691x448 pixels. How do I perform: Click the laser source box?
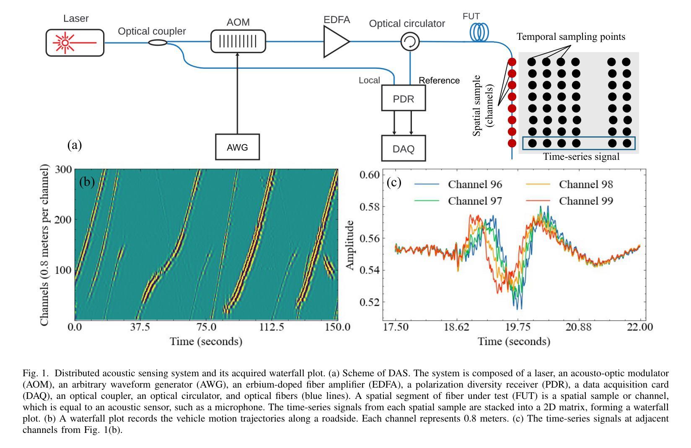click(x=75, y=42)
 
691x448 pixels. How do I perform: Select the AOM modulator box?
click(x=238, y=41)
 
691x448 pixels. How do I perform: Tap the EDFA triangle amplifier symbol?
click(x=335, y=42)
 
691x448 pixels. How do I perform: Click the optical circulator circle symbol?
click(x=410, y=42)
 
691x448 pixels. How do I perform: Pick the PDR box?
click(x=403, y=99)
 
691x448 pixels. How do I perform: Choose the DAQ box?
click(x=403, y=148)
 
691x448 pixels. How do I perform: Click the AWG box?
click(x=237, y=147)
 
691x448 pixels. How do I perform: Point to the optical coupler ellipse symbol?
click(x=158, y=42)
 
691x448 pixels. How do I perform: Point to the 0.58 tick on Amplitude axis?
click(x=370, y=207)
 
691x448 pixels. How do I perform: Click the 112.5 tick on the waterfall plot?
click(x=272, y=327)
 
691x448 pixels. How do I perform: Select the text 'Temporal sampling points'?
click(x=571, y=37)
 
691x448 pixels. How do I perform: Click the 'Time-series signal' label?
click(x=581, y=157)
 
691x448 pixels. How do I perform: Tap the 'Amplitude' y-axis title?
click(x=350, y=245)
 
